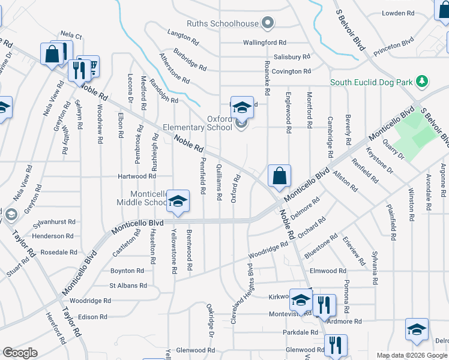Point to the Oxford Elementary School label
[x=219, y=123]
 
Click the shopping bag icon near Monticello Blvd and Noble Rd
[x=279, y=176]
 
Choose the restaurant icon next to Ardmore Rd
[x=324, y=305]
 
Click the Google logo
[x=20, y=353]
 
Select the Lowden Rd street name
[x=398, y=13]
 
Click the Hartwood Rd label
[x=136, y=176]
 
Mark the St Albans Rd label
[x=128, y=286]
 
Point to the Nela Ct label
[x=71, y=36]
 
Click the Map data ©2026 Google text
[x=412, y=355]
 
